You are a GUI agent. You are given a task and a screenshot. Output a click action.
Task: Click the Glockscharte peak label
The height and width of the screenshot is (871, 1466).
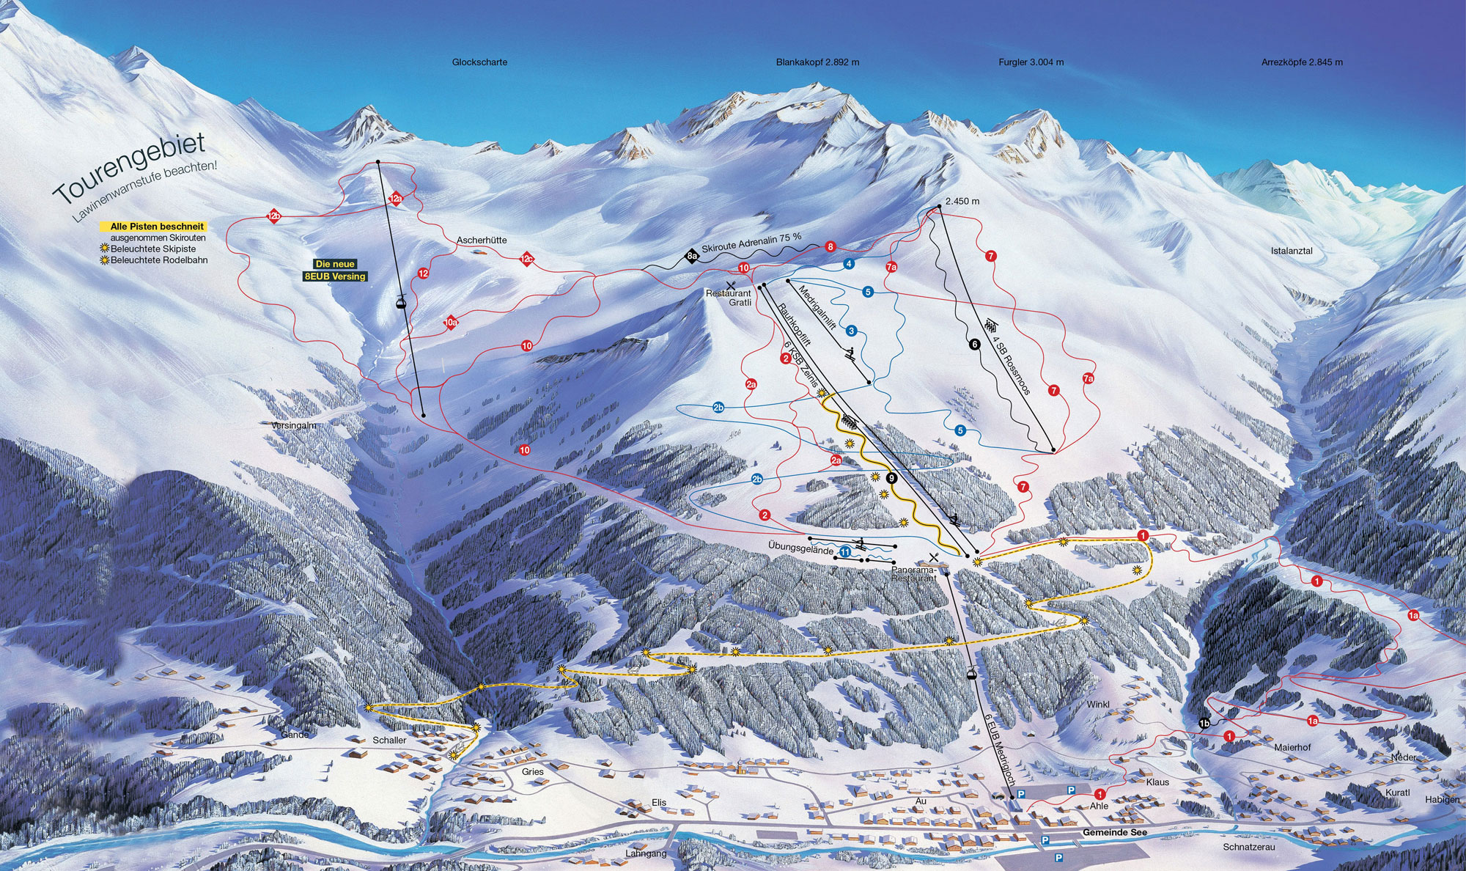click(479, 62)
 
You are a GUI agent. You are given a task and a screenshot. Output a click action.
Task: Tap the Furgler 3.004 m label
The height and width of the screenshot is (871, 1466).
click(1031, 62)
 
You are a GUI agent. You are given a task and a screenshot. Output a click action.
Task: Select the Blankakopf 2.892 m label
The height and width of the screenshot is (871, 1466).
click(817, 62)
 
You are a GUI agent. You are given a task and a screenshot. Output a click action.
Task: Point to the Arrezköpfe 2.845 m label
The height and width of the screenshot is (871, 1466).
click(1302, 62)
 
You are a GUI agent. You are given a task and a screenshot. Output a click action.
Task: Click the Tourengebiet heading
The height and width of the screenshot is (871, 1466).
click(129, 169)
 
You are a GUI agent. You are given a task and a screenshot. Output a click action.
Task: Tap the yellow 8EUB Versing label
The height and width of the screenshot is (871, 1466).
click(334, 276)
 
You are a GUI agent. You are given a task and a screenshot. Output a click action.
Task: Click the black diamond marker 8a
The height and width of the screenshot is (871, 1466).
click(690, 256)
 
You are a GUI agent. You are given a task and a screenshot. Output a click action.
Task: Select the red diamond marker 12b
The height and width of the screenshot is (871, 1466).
click(274, 216)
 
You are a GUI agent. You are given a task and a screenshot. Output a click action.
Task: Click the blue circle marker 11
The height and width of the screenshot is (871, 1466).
click(845, 552)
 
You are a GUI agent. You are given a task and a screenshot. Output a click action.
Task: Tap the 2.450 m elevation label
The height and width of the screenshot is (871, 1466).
click(962, 201)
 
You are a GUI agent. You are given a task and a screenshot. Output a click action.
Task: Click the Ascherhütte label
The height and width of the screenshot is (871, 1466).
click(482, 240)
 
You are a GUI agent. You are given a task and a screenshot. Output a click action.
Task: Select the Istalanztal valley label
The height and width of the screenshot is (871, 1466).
click(1292, 251)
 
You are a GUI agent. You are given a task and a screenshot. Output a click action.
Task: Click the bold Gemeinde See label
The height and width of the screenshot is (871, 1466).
click(1114, 833)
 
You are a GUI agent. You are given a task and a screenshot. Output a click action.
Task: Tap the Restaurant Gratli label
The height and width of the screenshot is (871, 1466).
click(729, 298)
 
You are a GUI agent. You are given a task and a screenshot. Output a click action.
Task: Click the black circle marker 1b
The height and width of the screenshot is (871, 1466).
click(1204, 724)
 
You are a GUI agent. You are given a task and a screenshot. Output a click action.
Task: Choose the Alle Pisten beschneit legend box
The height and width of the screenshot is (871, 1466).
click(157, 227)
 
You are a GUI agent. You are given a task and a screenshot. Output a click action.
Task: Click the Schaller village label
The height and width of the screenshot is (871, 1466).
click(389, 740)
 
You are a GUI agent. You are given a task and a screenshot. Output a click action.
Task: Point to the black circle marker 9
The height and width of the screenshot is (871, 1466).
click(891, 478)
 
